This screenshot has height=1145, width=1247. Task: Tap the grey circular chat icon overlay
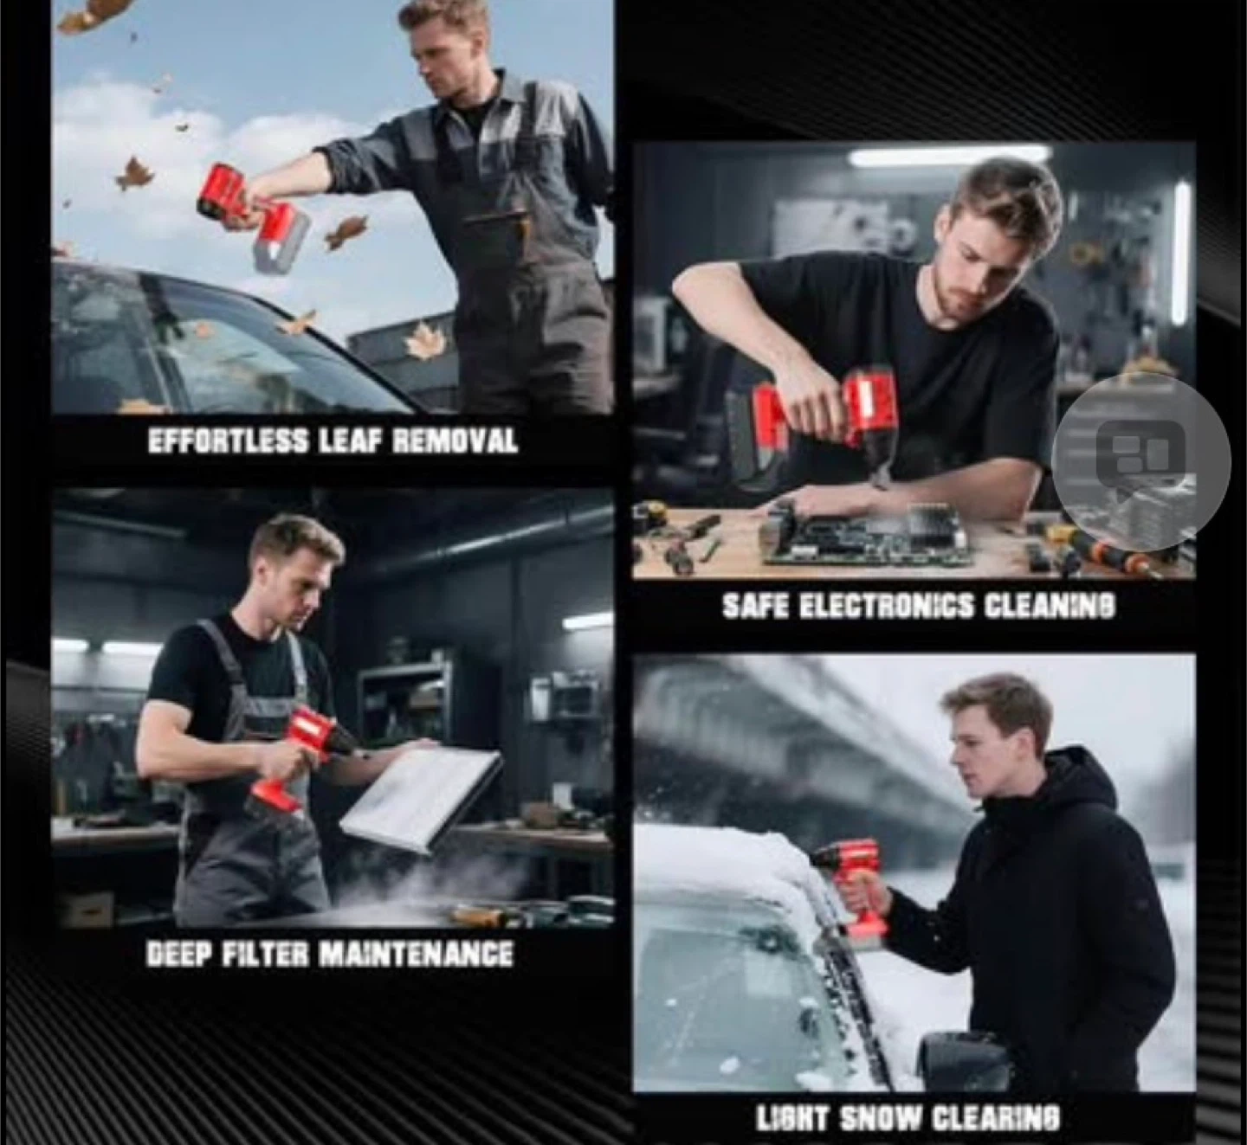(1140, 461)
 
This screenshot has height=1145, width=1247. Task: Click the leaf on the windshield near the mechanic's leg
(424, 340)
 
